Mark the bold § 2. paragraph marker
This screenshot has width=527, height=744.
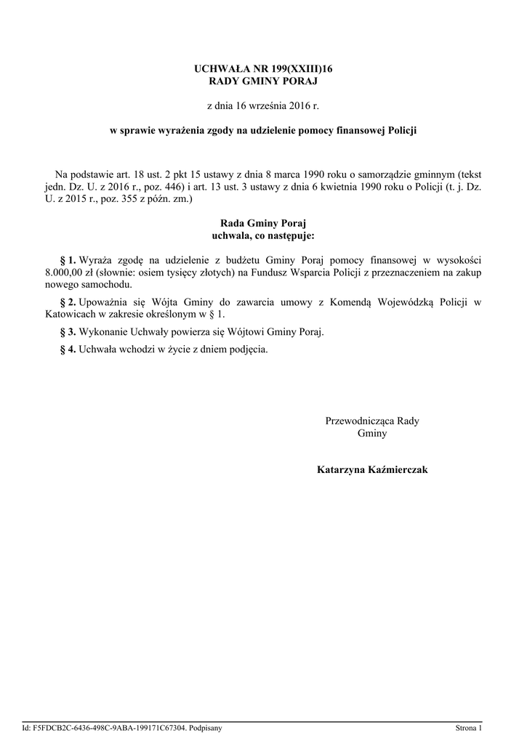click(67, 302)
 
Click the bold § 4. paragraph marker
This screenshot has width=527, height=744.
click(67, 349)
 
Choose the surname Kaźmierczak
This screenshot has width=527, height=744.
click(400, 470)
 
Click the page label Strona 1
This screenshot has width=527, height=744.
click(468, 727)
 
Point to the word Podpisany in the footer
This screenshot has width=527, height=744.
click(206, 727)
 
